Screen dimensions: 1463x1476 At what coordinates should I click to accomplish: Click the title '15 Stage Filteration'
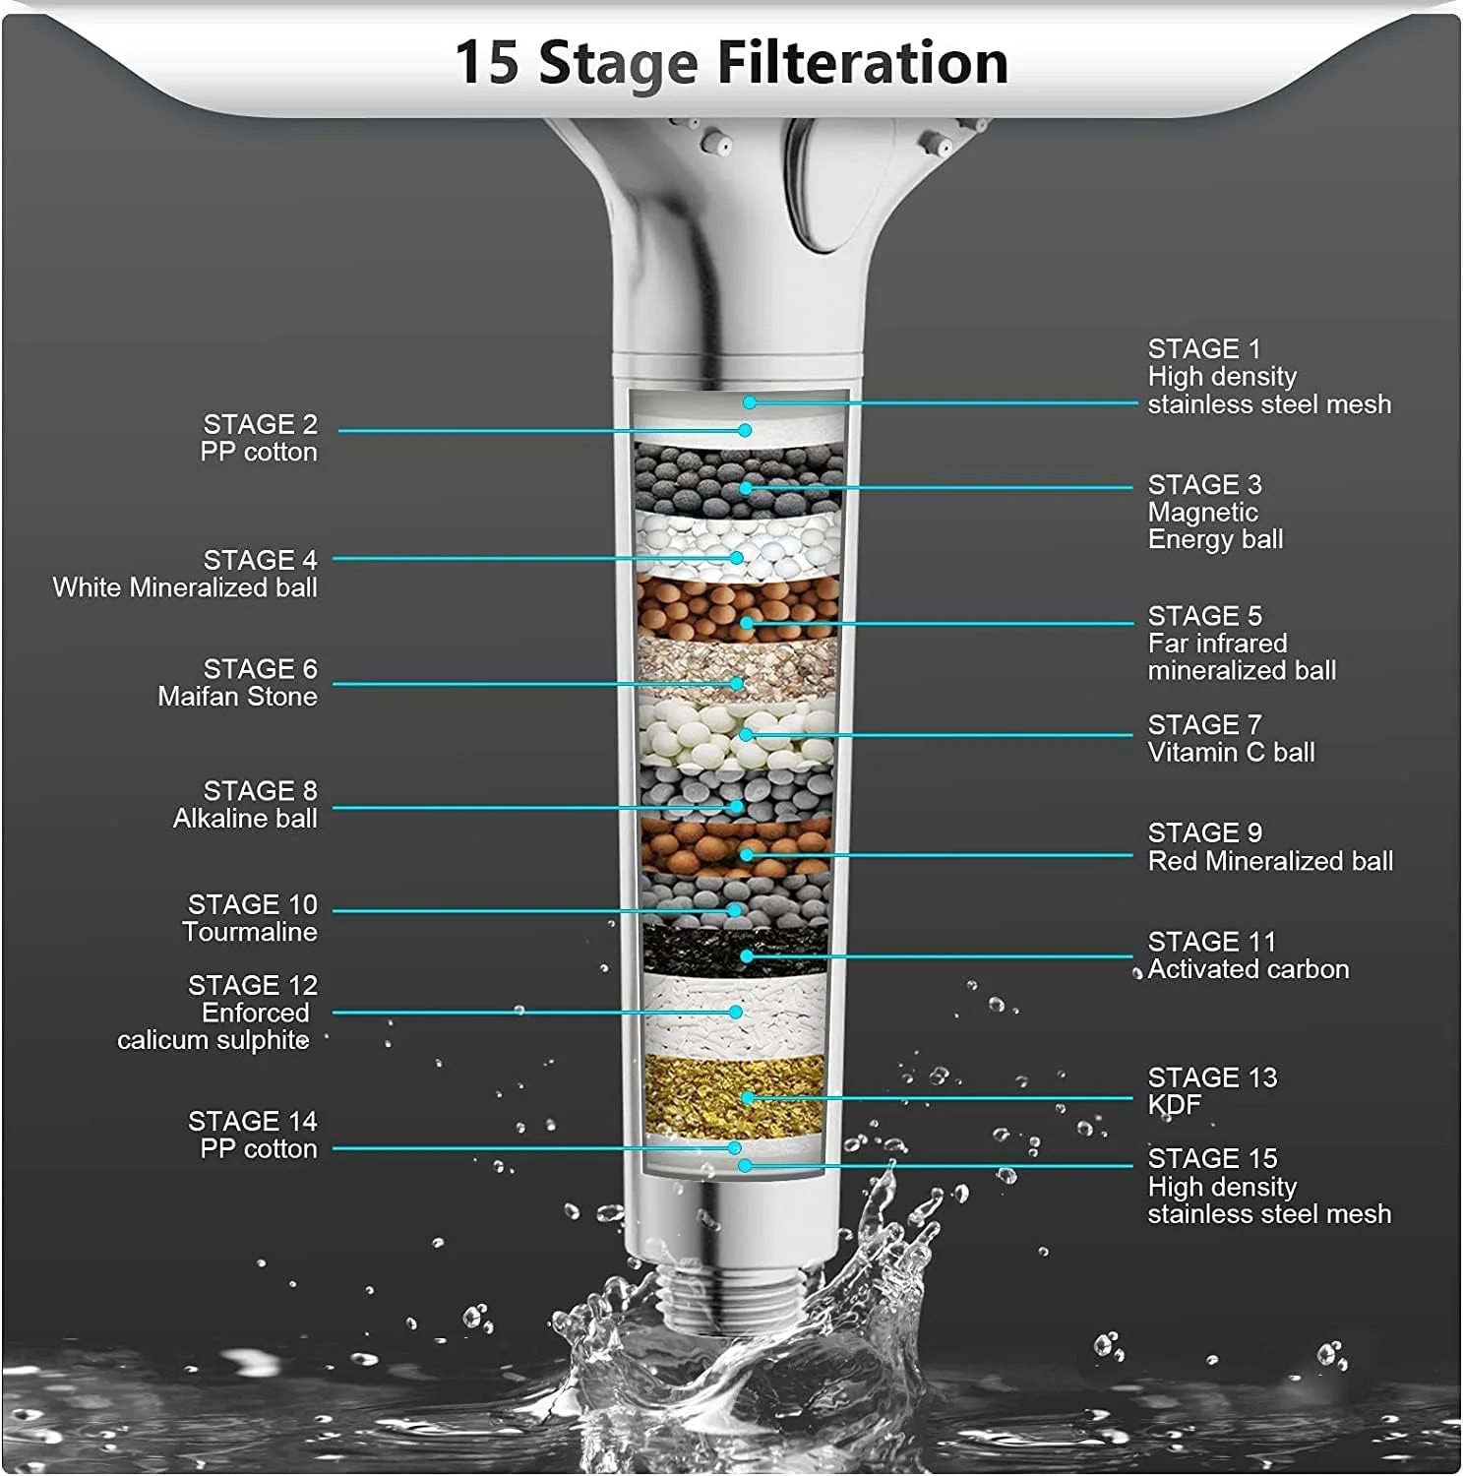pyautogui.click(x=731, y=63)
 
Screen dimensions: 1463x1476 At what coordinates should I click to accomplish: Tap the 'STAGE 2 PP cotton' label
pyautogui.click(x=259, y=438)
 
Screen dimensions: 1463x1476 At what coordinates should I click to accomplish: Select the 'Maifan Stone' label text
pyautogui.click(x=237, y=697)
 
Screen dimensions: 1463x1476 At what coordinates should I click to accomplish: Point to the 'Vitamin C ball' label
pyautogui.click(x=1231, y=753)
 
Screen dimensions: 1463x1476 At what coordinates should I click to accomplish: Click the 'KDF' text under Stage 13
pyautogui.click(x=1175, y=1105)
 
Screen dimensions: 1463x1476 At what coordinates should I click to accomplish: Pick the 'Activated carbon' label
pyautogui.click(x=1249, y=969)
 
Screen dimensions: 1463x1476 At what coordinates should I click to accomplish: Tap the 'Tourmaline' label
pyautogui.click(x=250, y=933)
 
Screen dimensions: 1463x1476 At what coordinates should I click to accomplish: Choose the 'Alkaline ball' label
pyautogui.click(x=245, y=819)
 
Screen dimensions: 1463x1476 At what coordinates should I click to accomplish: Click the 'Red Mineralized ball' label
pyautogui.click(x=1270, y=861)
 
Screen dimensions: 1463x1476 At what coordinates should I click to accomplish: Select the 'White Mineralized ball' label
pyautogui.click(x=185, y=588)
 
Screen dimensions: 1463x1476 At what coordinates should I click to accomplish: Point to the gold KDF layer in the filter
pyautogui.click(x=735, y=1095)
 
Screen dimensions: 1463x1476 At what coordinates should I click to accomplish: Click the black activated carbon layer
pyautogui.click(x=735, y=951)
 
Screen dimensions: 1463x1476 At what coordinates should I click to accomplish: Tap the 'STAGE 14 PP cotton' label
pyautogui.click(x=253, y=1135)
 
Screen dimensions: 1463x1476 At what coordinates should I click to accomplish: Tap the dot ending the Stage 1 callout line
pyautogui.click(x=750, y=402)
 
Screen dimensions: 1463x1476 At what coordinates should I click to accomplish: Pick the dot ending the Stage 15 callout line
pyautogui.click(x=746, y=1166)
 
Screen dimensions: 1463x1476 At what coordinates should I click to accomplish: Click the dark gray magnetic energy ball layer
pyautogui.click(x=738, y=476)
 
